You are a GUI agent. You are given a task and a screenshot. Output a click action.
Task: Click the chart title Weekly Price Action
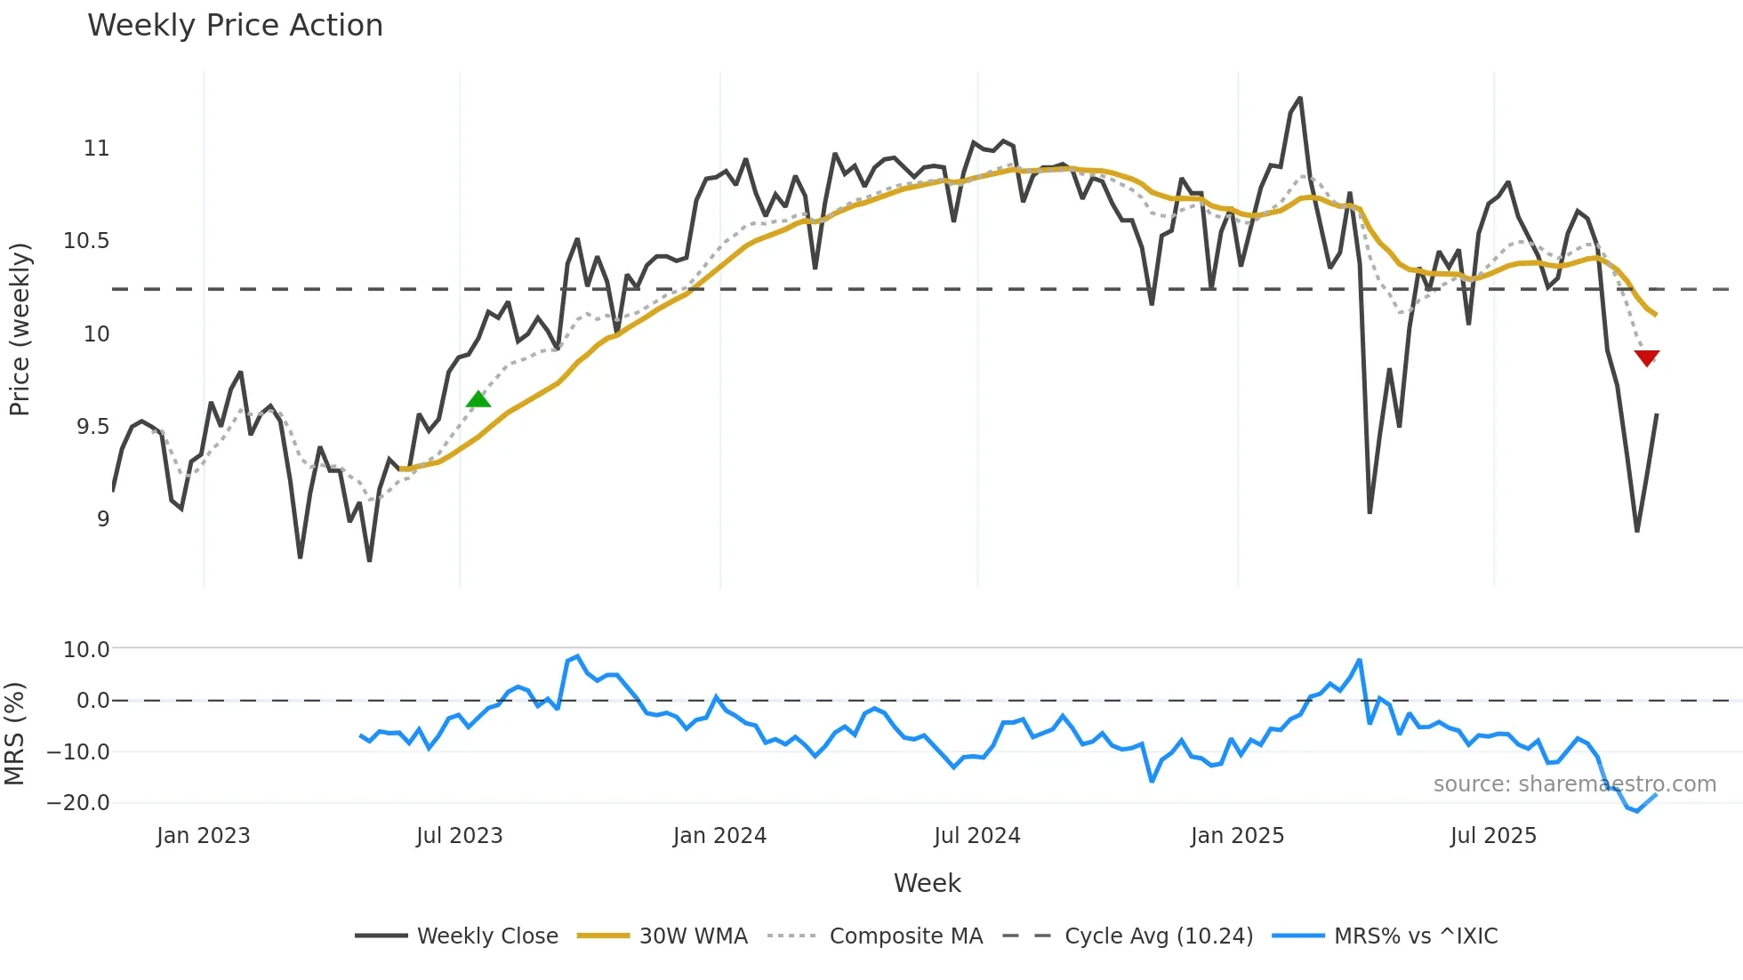point(235,26)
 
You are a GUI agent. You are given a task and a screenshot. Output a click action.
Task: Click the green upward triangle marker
point(478,399)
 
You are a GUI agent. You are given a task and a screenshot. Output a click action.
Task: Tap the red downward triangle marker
point(1647,357)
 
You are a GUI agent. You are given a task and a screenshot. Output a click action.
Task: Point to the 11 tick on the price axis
point(97,149)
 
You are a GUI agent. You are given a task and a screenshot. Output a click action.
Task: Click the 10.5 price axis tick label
point(86,241)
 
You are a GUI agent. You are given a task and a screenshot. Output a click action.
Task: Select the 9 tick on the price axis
point(103,519)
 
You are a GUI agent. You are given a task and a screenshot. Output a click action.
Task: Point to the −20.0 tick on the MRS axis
point(78,803)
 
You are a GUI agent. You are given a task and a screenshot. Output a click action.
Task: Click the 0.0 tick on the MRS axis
point(92,701)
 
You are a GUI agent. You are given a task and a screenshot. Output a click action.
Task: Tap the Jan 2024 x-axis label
point(719,836)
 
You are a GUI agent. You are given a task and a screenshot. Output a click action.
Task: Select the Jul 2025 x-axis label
point(1493,836)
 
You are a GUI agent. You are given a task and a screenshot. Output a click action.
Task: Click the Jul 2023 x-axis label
point(459,836)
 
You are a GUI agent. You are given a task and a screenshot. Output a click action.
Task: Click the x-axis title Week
point(927,883)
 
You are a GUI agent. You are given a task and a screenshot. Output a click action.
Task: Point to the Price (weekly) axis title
point(20,329)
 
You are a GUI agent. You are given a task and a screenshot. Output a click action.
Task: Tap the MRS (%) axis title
point(15,734)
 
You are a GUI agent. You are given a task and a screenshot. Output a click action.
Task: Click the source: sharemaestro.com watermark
point(1574,784)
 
